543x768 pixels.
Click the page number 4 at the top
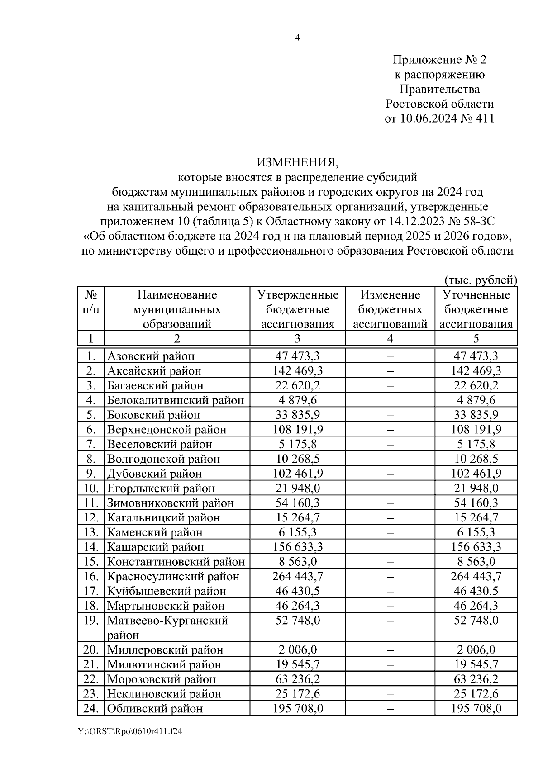pyautogui.click(x=297, y=38)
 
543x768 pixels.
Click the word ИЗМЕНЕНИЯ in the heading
pyautogui.click(x=297, y=162)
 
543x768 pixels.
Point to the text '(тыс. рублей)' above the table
pyautogui.click(x=481, y=280)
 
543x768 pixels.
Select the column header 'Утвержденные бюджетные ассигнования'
pyautogui.click(x=298, y=309)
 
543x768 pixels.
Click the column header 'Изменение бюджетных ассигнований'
pyautogui.click(x=390, y=309)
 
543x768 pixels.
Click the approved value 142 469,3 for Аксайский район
pyautogui.click(x=298, y=371)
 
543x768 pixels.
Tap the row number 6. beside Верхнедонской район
pyautogui.click(x=91, y=429)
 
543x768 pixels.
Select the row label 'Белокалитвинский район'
pyautogui.click(x=176, y=400)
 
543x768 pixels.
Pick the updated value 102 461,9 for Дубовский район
pyautogui.click(x=476, y=474)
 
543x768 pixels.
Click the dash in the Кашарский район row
pyautogui.click(x=390, y=547)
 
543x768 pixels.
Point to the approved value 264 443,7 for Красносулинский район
pyautogui.click(x=298, y=576)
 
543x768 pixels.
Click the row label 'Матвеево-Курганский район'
pyautogui.click(x=167, y=627)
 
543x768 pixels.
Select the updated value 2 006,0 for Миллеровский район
pyautogui.click(x=476, y=650)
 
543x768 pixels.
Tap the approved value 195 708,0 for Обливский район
pyautogui.click(x=298, y=708)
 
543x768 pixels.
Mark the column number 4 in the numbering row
pyautogui.click(x=390, y=339)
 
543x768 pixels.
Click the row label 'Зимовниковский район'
pyautogui.click(x=171, y=503)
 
